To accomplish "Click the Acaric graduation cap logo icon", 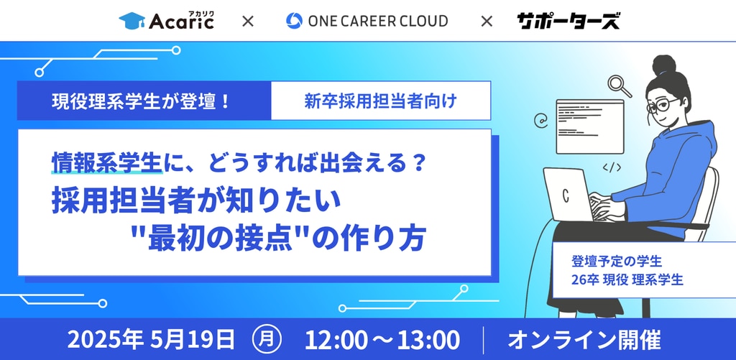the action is coord(132,21).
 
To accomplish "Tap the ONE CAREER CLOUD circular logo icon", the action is coord(294,21).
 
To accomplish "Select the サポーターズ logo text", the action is coord(568,21).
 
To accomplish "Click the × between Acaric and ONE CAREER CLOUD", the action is coord(247,21).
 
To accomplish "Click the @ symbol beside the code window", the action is coord(540,121).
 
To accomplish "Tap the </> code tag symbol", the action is coord(612,167).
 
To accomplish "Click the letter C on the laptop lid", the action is coord(566,195).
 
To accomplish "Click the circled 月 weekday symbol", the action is coord(267,340).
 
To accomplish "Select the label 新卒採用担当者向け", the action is coord(380,101).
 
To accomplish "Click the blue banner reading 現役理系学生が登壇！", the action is coord(144,101).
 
